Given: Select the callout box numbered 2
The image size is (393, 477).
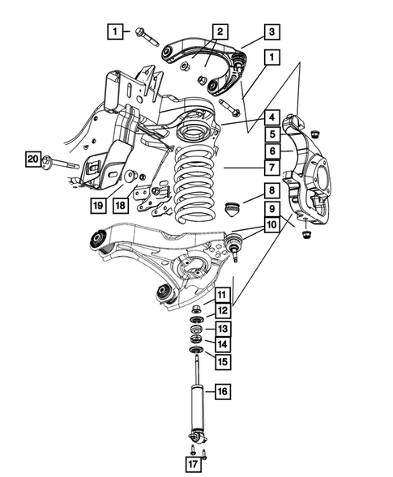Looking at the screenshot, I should pyautogui.click(x=220, y=32).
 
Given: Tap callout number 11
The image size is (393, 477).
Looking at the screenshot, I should pyautogui.click(x=222, y=294).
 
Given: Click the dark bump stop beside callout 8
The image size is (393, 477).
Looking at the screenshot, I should pyautogui.click(x=234, y=211).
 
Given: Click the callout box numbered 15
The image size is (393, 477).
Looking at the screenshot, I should pyautogui.click(x=222, y=360).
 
